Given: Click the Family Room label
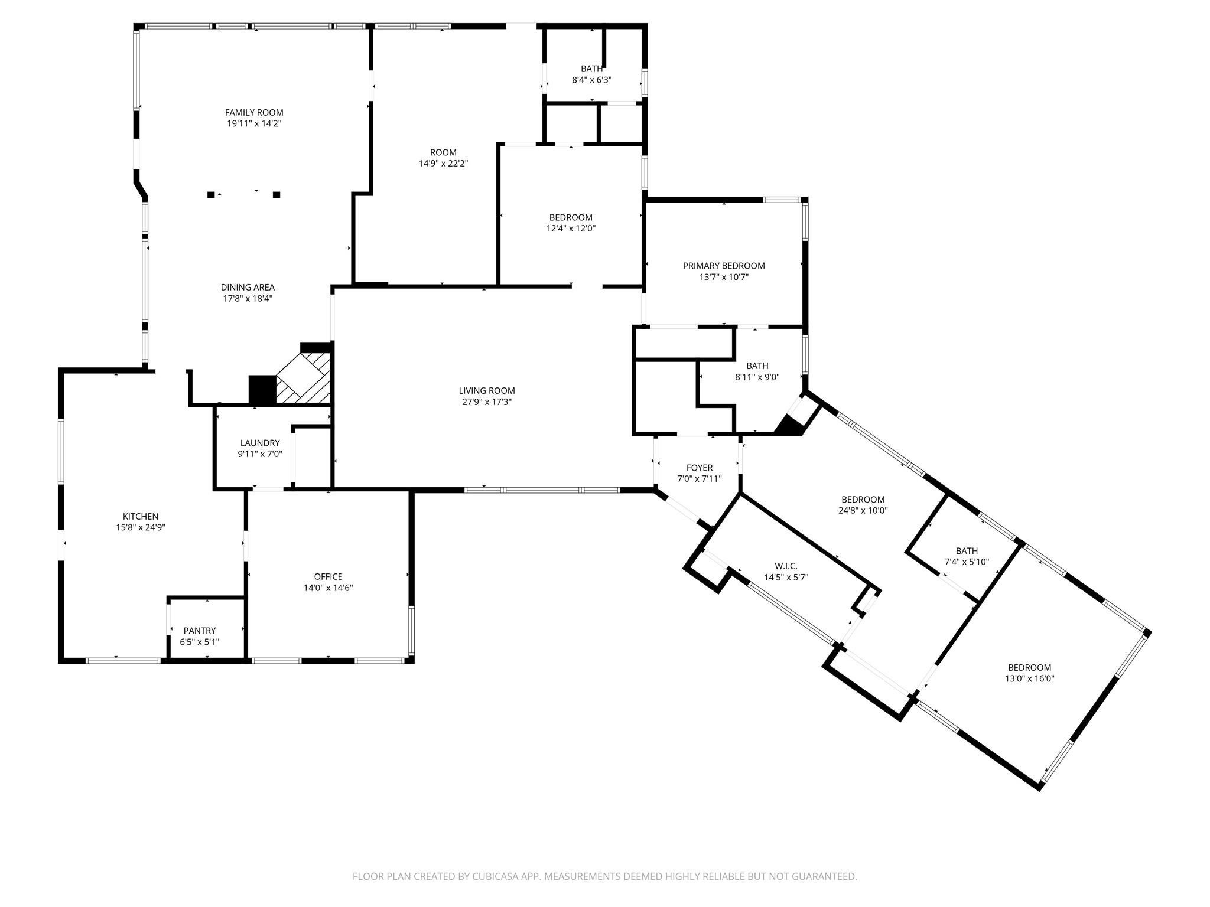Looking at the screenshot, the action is point(254,112).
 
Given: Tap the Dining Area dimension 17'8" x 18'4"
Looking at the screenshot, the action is point(248,299).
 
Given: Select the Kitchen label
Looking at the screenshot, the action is point(141,517).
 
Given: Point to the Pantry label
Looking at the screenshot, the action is point(200,631).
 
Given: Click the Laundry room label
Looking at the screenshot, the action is point(260,443).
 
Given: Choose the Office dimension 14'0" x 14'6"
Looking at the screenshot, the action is point(328,588).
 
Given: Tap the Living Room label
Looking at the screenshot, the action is point(487,390).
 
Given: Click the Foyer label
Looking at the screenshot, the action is point(700,468).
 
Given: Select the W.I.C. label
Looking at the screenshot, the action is point(786,566).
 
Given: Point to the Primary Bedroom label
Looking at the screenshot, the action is point(724,266).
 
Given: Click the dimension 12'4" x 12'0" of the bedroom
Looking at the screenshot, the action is point(571,229).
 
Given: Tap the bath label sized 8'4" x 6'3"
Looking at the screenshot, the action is point(591,68).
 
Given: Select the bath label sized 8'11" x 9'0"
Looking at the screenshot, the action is point(757,366).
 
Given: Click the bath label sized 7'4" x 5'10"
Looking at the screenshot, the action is point(967,551).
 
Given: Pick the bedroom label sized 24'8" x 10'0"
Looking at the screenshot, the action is point(863,500).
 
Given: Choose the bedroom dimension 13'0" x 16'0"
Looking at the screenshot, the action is point(1030,679).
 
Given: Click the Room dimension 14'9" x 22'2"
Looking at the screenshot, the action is point(443,164).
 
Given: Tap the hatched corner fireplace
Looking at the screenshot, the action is point(304,378).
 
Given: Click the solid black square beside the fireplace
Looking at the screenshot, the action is point(262,390).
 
